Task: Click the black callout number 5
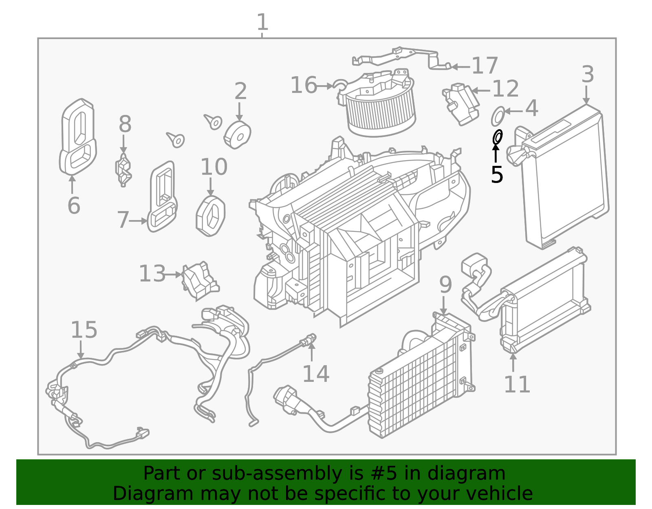(x=497, y=174)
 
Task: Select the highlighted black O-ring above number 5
(x=498, y=137)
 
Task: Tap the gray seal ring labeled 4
(x=498, y=116)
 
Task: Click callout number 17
(x=485, y=66)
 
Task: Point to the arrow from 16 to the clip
(x=325, y=86)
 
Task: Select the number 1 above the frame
(x=262, y=22)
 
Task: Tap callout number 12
(x=506, y=88)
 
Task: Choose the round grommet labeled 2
(x=237, y=134)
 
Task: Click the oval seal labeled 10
(x=211, y=216)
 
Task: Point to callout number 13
(x=152, y=274)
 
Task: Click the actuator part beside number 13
(x=200, y=280)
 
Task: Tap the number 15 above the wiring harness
(x=84, y=330)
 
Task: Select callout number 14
(x=316, y=374)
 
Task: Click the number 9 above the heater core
(x=445, y=285)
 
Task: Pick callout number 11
(x=517, y=384)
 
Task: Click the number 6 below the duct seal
(x=74, y=205)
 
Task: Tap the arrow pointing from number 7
(x=139, y=221)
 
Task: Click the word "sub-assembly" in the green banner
(x=277, y=473)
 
